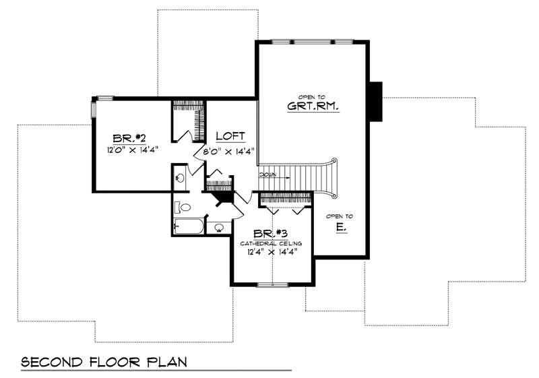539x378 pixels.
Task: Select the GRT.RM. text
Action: tap(312, 106)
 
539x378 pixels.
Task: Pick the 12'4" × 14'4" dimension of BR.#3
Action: tap(272, 252)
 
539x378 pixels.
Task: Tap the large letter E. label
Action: tap(341, 227)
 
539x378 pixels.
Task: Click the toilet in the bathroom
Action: tap(185, 207)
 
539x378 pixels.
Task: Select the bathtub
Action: tap(189, 227)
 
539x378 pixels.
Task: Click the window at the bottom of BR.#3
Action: tap(272, 285)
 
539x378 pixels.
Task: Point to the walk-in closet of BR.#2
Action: tap(188, 121)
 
